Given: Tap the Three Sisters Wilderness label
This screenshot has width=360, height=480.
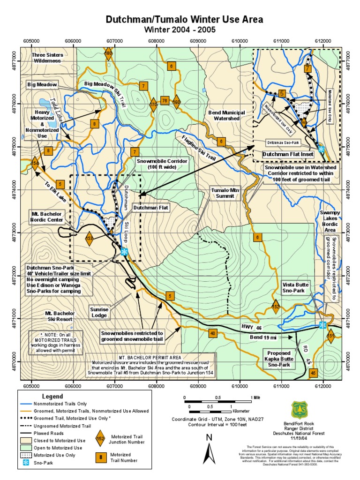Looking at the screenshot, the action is point(46,58).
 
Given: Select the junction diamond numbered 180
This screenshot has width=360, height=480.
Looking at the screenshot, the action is point(109,54).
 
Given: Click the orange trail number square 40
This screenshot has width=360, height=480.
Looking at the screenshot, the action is point(213,333).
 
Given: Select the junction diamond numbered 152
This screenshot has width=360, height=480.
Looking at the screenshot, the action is point(276,307).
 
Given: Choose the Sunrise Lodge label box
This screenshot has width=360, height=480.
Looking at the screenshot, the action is point(99,312).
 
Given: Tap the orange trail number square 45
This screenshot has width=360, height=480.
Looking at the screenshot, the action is point(314,373).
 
